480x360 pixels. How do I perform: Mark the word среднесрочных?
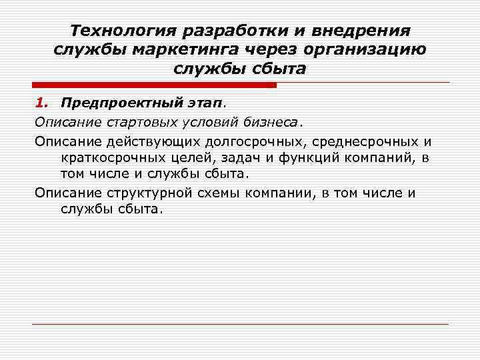click(x=361, y=141)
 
